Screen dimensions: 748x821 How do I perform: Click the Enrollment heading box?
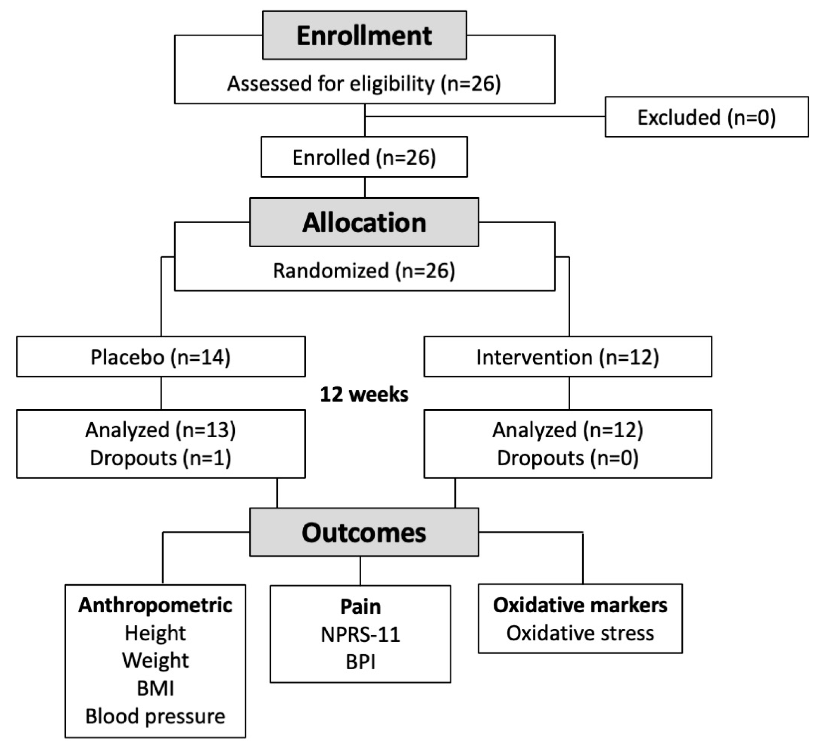364,35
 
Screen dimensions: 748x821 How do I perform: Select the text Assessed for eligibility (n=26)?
364,84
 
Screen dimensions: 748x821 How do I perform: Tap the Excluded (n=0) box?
707,117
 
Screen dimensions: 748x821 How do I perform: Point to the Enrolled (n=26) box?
364,157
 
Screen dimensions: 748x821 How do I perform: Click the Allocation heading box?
364,222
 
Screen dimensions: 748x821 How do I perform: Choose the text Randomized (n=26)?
364,271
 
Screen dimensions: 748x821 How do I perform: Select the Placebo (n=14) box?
160,357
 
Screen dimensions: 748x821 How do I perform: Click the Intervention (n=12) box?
568,357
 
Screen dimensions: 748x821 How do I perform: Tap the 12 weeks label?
364,394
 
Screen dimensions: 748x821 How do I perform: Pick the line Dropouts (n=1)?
160,458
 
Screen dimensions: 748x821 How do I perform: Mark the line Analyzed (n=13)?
160,430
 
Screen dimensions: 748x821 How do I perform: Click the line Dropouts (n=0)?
568,458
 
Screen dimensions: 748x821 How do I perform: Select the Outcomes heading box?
364,532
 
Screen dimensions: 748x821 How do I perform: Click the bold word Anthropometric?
155,605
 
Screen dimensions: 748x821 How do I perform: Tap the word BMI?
155,689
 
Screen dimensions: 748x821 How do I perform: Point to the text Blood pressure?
155,716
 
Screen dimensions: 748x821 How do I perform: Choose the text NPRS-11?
361,634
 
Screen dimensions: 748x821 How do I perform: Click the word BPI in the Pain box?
361,662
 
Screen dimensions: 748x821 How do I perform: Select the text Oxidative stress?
580,633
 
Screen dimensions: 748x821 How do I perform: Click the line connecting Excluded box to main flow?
485,116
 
